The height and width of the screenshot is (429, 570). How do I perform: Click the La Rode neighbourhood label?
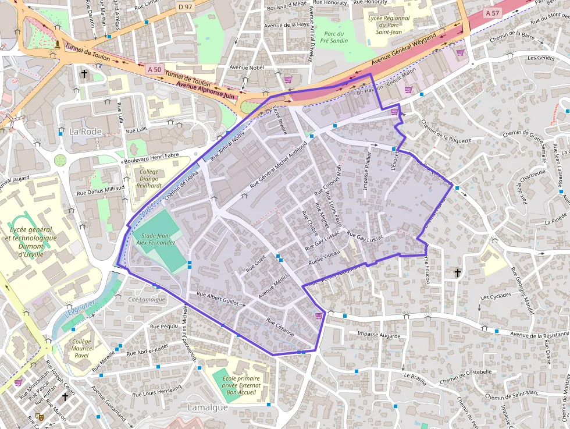tap(85, 132)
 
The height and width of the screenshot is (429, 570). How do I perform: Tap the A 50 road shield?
tap(154, 69)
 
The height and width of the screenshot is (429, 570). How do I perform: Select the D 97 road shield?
tap(185, 6)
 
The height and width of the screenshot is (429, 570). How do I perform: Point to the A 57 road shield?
tap(492, 12)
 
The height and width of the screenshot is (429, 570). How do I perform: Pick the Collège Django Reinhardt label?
tap(147, 179)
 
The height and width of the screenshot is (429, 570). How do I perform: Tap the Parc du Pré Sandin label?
tap(336, 37)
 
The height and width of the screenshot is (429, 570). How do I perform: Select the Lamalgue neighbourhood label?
tap(208, 407)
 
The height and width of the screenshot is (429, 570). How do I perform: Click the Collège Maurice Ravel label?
tap(82, 349)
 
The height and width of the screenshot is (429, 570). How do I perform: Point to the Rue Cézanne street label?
tap(280, 329)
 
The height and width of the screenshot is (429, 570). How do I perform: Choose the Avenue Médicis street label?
tap(274, 288)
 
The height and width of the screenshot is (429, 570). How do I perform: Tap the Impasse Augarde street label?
tap(379, 335)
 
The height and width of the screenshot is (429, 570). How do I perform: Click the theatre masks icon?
tap(39, 416)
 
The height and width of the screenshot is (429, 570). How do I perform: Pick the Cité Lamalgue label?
tap(147, 299)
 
